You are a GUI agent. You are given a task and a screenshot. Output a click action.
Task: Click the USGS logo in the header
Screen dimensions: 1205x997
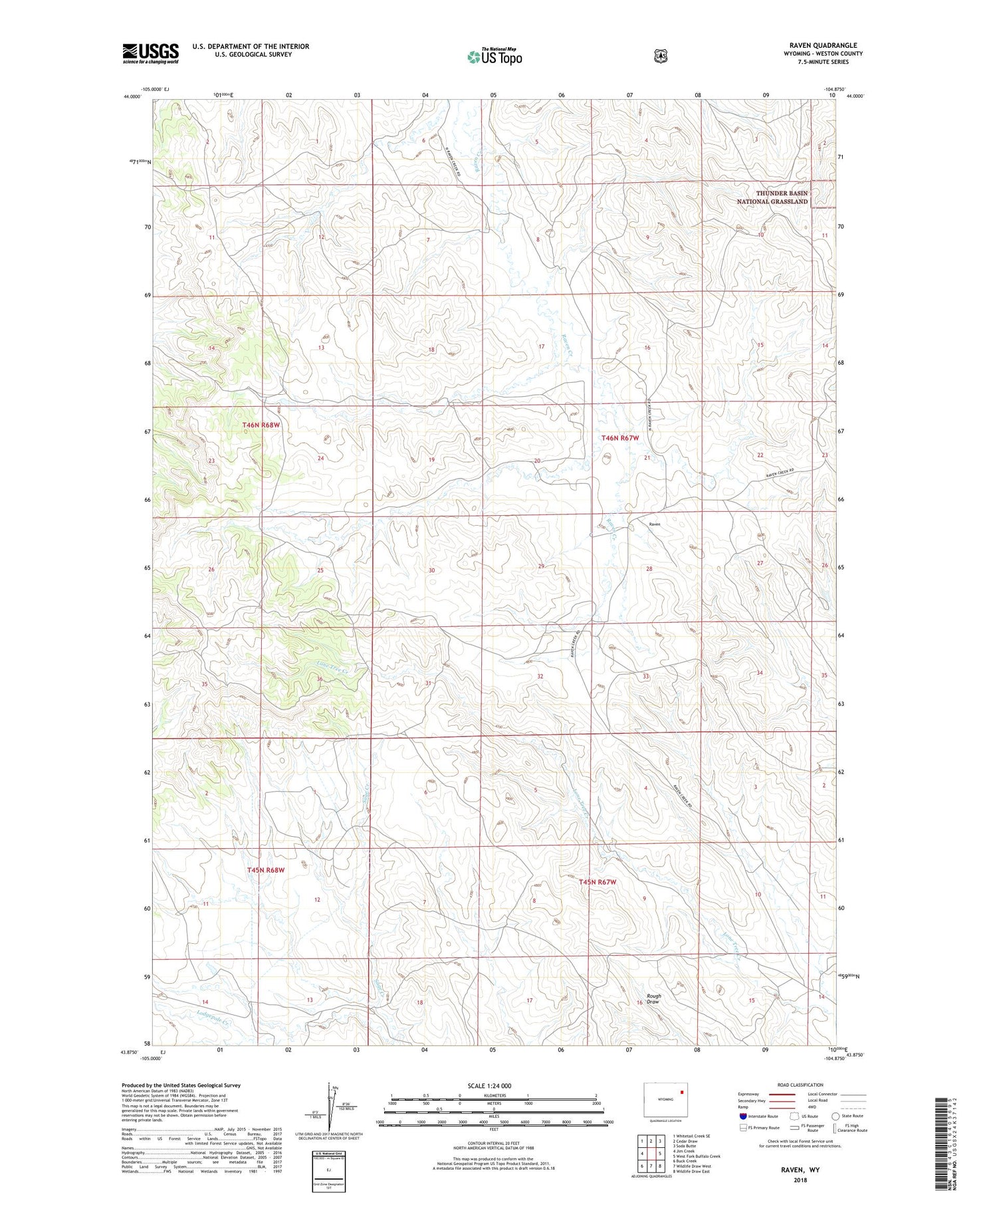click(150, 53)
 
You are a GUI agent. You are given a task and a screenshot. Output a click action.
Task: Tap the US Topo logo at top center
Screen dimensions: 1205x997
click(495, 56)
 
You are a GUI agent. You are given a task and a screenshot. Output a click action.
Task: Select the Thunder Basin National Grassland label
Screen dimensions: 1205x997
click(772, 197)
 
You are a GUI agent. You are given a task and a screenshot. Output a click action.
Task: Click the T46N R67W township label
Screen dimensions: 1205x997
click(619, 438)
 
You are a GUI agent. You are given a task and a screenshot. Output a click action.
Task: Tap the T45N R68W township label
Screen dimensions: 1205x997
click(265, 870)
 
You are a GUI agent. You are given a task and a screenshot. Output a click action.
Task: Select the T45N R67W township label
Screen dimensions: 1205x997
click(597, 882)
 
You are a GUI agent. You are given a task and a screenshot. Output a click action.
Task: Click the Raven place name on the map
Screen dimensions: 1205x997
click(655, 524)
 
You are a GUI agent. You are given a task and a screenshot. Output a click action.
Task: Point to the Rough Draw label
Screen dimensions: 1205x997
click(653, 999)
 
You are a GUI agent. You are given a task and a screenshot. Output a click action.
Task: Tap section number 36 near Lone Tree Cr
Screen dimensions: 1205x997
click(320, 679)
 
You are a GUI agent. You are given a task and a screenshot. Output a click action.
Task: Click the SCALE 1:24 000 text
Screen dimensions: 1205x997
click(489, 1085)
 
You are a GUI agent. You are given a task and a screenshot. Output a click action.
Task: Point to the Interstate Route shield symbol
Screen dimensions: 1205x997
click(742, 1116)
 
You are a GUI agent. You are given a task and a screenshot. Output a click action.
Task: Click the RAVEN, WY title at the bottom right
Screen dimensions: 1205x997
click(800, 1168)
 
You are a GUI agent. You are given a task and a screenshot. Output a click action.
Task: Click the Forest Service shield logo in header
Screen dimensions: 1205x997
click(660, 56)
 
